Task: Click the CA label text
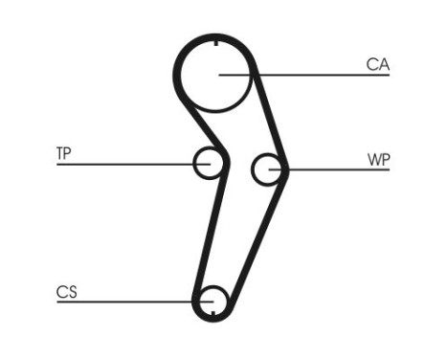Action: (x=377, y=64)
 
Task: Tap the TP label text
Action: (x=63, y=152)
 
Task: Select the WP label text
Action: (x=378, y=158)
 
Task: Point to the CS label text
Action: (x=66, y=291)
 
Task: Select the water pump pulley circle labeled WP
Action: (x=268, y=169)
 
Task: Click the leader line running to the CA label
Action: (x=325, y=75)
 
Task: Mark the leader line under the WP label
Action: (x=335, y=170)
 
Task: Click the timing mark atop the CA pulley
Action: (x=217, y=45)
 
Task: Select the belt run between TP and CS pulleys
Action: (x=212, y=230)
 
